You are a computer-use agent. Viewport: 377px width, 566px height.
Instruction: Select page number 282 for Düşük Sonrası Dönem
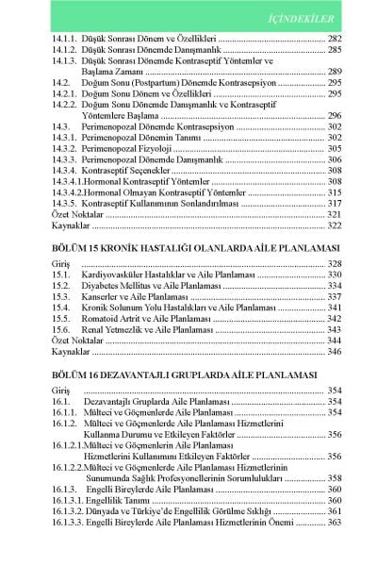coord(332,37)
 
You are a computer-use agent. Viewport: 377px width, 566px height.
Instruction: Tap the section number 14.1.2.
coord(65,48)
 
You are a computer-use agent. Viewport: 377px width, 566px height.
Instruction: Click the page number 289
coord(332,72)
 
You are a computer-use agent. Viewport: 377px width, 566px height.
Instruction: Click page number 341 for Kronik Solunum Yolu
coord(332,308)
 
